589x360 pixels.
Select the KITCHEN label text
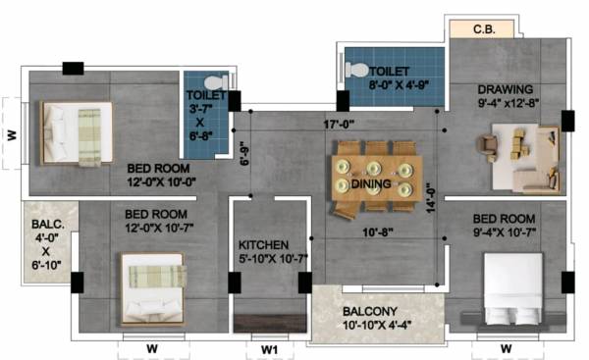pyautogui.click(x=262, y=244)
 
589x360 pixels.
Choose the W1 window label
pyautogui.click(x=270, y=347)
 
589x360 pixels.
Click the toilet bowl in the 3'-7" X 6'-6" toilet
pyautogui.click(x=221, y=82)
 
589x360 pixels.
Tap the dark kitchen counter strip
pyautogui.click(x=270, y=321)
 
